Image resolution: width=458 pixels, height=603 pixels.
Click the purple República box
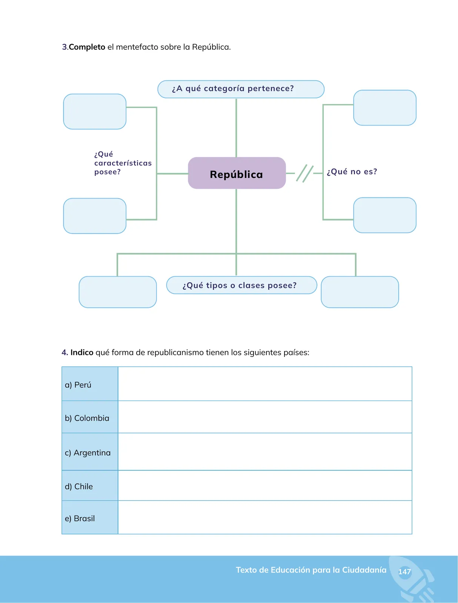[237, 173]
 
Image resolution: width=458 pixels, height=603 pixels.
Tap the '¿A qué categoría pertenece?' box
[241, 89]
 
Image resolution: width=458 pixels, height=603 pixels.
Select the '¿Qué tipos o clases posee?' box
[241, 285]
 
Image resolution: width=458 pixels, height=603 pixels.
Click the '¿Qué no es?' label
[352, 172]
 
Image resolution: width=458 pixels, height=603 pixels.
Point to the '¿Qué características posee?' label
[123, 163]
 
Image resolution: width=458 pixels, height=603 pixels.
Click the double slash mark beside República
[304, 173]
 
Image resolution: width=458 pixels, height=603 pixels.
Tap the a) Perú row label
[78, 385]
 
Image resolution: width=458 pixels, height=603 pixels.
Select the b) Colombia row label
[87, 418]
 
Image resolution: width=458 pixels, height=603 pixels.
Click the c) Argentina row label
[88, 453]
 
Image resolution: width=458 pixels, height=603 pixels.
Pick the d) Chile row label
[78, 486]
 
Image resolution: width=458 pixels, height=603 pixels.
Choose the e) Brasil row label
[80, 518]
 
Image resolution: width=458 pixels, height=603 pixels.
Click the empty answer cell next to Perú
[265, 384]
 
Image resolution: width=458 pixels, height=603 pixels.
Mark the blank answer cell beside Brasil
[265, 517]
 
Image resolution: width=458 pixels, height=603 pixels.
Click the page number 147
[404, 572]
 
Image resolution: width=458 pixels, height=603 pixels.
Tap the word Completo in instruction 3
[87, 47]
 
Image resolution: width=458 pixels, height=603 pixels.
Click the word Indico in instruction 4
[82, 352]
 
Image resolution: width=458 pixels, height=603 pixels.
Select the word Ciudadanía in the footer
[364, 570]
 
